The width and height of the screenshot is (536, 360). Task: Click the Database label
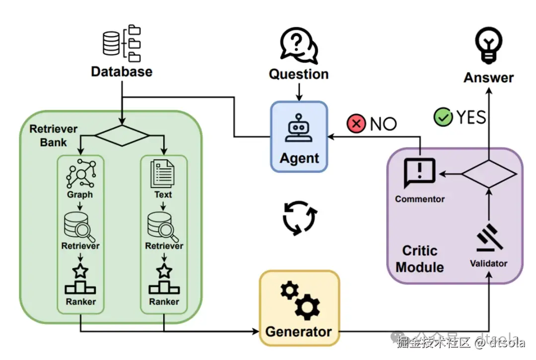[122, 72]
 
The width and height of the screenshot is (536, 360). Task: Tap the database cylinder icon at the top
[111, 43]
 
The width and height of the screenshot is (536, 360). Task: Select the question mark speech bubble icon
[298, 44]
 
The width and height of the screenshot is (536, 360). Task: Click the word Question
[299, 74]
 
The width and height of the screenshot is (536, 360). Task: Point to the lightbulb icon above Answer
[489, 44]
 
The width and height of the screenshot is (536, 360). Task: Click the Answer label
[489, 77]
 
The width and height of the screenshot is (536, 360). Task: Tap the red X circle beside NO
[356, 123]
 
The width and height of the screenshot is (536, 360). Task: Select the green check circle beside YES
[443, 117]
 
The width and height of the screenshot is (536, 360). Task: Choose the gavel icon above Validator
[489, 239]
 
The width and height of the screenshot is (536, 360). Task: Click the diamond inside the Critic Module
[489, 173]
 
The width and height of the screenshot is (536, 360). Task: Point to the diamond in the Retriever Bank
[122, 134]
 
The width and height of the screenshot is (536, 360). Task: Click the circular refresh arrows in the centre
[299, 217]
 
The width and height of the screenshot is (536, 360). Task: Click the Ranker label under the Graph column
[80, 301]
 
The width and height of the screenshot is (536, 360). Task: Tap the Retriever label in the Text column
[164, 246]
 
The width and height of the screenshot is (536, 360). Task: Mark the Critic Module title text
[420, 259]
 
